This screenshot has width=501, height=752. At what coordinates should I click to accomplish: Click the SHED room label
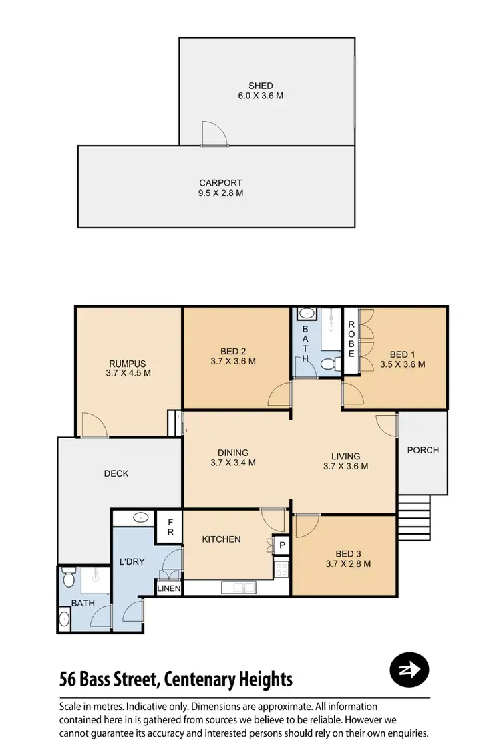click(x=261, y=86)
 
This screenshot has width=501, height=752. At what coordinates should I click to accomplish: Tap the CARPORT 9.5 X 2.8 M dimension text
click(x=220, y=193)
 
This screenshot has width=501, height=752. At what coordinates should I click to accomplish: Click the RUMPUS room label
click(x=128, y=364)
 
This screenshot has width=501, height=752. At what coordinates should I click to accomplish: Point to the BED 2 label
click(x=233, y=351)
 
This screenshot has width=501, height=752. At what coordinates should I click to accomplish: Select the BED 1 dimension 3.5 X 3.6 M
click(x=402, y=364)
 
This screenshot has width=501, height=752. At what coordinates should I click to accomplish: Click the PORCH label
click(x=423, y=450)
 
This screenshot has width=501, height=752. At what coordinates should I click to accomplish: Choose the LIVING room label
click(x=345, y=457)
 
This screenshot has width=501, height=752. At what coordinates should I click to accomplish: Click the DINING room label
click(x=233, y=453)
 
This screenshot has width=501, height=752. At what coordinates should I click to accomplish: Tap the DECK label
click(x=116, y=473)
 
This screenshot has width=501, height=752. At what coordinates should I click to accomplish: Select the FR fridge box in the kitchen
click(x=170, y=527)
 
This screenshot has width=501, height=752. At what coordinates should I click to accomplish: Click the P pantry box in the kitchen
click(x=282, y=545)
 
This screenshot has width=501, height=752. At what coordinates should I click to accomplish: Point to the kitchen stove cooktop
click(x=281, y=569)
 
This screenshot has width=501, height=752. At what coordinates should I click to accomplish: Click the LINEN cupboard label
click(x=169, y=588)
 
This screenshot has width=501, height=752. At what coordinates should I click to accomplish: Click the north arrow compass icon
click(x=409, y=670)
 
